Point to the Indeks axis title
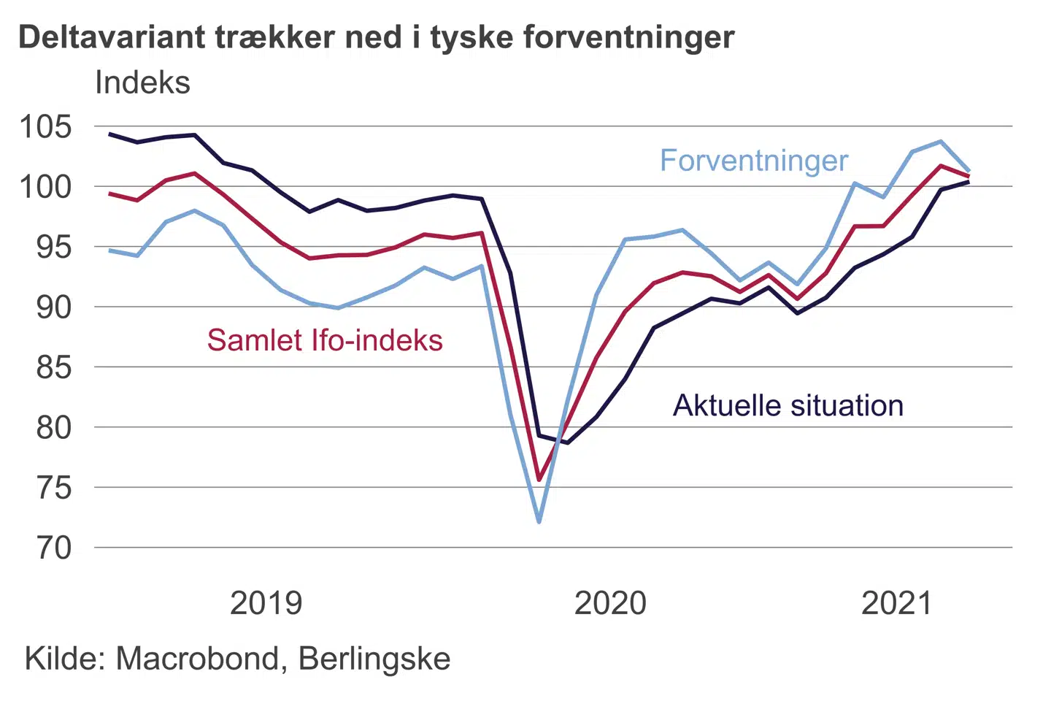pos(142,83)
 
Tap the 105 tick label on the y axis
pos(46,126)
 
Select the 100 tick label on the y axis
pos(46,187)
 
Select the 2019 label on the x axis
pos(266,603)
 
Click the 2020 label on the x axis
pos(610,603)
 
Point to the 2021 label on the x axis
pos(896,603)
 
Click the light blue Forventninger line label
pos(754,161)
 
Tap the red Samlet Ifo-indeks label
pos(325,340)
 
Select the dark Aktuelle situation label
pos(788,405)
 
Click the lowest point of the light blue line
pos(539,522)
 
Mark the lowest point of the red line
pos(539,480)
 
